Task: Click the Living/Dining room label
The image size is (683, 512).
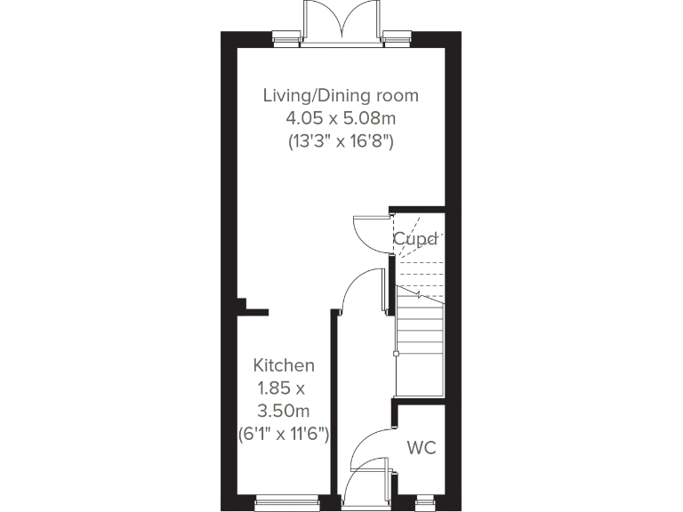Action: (x=341, y=95)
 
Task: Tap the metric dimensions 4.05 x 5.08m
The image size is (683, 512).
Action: (x=341, y=117)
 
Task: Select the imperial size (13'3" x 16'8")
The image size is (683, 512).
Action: (x=341, y=140)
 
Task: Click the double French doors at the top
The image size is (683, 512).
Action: (x=341, y=20)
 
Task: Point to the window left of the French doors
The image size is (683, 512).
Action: (x=285, y=38)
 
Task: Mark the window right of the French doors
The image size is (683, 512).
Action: (x=396, y=38)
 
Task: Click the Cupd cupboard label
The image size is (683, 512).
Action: (x=415, y=238)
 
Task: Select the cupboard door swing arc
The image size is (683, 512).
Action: (x=367, y=233)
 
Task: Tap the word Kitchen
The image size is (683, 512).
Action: (x=284, y=365)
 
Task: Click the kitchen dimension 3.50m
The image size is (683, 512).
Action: (x=284, y=411)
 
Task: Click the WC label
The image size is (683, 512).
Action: (x=422, y=447)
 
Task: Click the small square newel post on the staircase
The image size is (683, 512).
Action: (x=395, y=354)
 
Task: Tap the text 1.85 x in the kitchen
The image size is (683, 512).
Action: (x=280, y=388)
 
